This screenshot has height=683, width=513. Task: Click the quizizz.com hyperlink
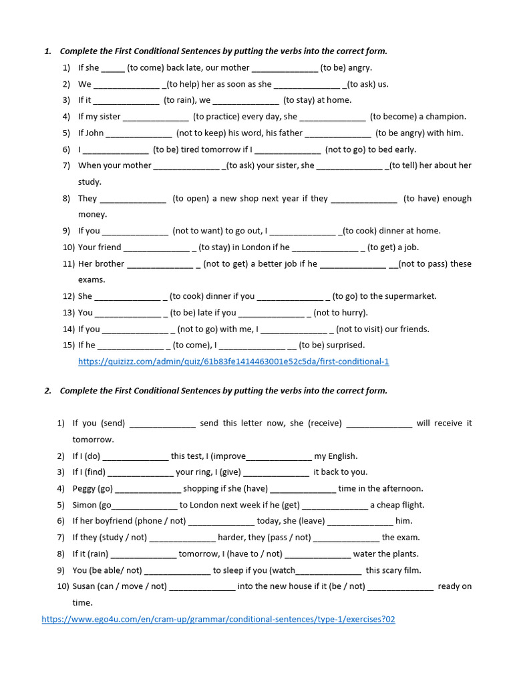pyautogui.click(x=233, y=362)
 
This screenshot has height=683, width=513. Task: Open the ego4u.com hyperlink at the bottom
pyautogui.click(x=218, y=619)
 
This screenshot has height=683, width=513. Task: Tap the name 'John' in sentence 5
pyautogui.click(x=95, y=133)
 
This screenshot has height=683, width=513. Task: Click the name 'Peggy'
pyautogui.click(x=84, y=488)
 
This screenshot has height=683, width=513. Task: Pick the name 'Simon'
pyautogui.click(x=85, y=505)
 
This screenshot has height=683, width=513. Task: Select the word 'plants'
pyautogui.click(x=403, y=554)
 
